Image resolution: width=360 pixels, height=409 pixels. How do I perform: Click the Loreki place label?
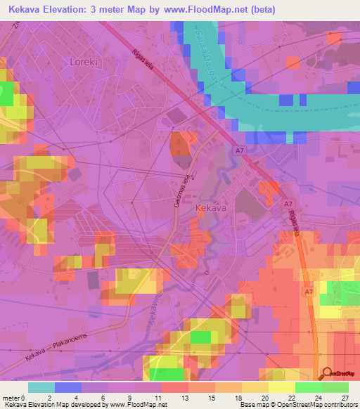[84, 62]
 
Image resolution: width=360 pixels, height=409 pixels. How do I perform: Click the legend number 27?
[345, 397]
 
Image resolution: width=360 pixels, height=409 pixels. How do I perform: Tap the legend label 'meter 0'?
[14, 397]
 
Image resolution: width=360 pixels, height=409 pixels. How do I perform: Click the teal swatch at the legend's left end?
[41, 387]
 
